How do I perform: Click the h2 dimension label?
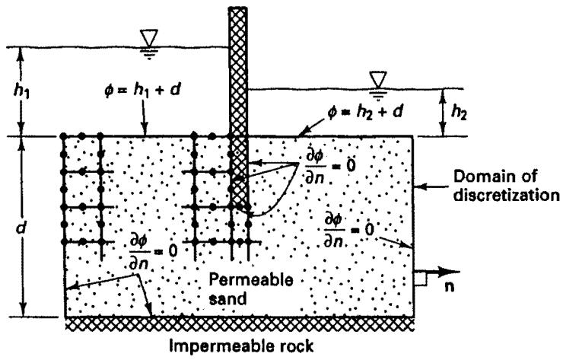click(459, 113)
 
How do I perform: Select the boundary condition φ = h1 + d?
click(142, 90)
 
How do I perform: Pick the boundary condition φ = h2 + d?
click(365, 112)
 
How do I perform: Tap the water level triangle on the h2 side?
click(377, 79)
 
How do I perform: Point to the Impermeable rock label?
click(241, 346)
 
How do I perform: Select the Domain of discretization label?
click(506, 186)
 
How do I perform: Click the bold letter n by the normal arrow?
click(449, 287)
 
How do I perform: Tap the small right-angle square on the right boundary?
click(421, 279)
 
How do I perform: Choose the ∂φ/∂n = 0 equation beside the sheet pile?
click(330, 167)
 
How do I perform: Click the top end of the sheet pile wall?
click(238, 7)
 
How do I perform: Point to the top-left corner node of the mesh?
click(64, 136)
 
